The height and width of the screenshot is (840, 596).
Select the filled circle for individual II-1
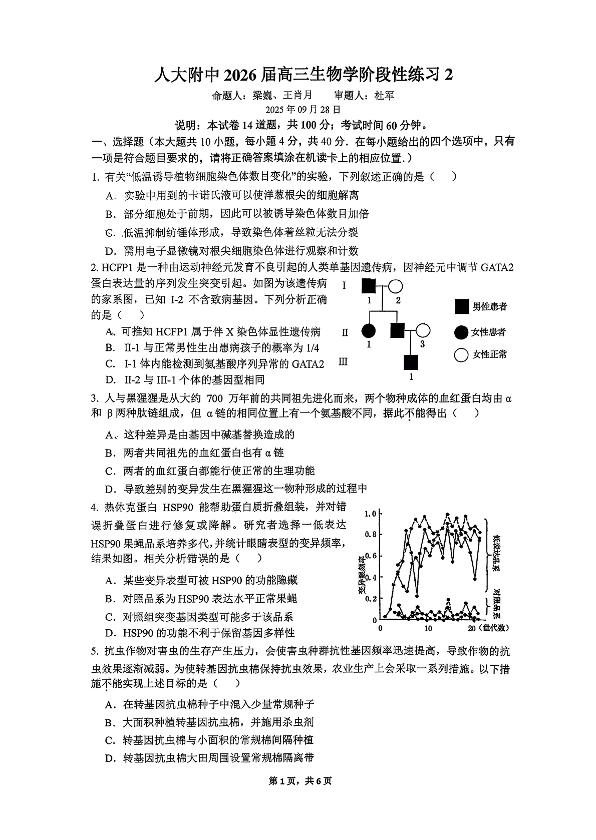369,330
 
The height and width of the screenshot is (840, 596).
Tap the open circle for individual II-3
423,330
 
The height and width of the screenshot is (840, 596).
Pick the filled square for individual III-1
411,362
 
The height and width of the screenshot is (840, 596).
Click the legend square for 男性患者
462,306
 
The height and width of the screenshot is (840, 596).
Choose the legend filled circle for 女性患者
461,332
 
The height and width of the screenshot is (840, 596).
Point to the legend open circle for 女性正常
461,355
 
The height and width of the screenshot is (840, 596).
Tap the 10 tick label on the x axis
428,629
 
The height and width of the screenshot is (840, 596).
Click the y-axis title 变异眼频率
362,576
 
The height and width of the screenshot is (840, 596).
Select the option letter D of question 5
110,758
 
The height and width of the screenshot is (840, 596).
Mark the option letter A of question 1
110,196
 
